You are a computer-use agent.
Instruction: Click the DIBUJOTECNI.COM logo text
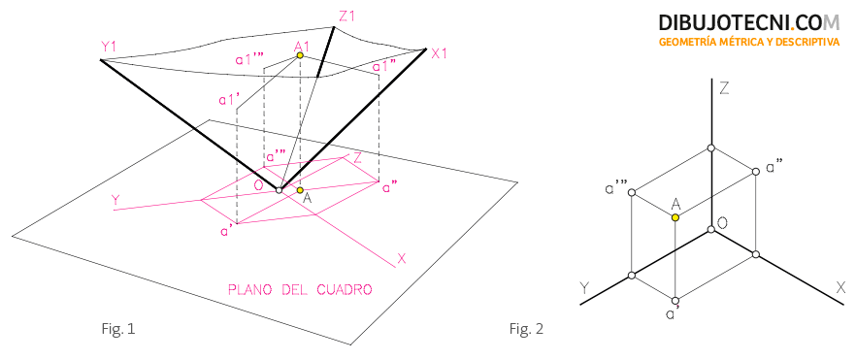tap(749, 22)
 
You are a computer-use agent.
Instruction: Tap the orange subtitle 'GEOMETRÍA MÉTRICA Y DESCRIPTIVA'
tap(749, 42)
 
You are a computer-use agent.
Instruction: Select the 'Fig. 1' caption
tap(117, 329)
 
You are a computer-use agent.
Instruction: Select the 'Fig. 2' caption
tap(526, 329)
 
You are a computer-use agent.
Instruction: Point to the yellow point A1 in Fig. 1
tap(300, 55)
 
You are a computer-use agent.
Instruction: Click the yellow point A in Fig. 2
tap(675, 217)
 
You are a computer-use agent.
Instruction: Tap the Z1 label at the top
tap(346, 16)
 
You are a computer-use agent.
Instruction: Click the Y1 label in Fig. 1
tap(109, 48)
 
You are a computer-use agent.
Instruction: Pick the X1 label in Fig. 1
tap(439, 53)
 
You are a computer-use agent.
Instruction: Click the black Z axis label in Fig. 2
tap(724, 88)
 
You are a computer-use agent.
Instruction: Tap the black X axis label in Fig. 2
tap(840, 288)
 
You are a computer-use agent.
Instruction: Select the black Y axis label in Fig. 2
tap(584, 288)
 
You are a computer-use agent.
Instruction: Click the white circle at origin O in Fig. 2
tap(710, 229)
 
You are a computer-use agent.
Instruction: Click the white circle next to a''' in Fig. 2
tap(632, 192)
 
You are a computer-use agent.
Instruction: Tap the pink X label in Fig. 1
tap(402, 258)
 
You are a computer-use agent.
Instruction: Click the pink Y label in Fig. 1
tap(115, 201)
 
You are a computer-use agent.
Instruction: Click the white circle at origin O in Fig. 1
tap(279, 190)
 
